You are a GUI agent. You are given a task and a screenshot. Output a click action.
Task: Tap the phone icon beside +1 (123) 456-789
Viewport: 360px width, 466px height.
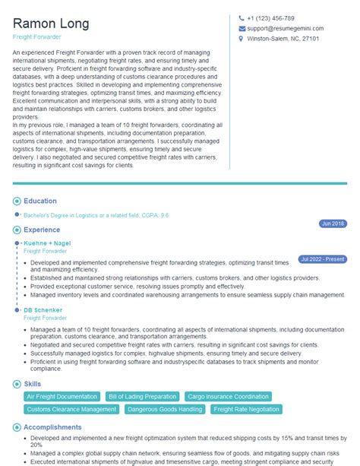[242, 18]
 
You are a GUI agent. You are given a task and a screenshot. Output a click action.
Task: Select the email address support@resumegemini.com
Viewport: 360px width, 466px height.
[285, 28]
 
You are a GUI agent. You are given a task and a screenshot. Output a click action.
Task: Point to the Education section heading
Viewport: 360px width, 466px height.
[39, 201]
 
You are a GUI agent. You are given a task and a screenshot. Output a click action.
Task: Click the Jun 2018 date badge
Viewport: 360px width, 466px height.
[333, 223]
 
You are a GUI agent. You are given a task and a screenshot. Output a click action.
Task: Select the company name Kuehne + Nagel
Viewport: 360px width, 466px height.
[47, 243]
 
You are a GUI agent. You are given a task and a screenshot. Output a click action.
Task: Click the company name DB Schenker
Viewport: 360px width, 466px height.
[43, 310]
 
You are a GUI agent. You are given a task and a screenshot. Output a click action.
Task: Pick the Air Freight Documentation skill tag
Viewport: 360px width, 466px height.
[61, 396]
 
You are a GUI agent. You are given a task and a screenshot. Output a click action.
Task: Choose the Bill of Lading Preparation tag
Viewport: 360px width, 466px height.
[143, 396]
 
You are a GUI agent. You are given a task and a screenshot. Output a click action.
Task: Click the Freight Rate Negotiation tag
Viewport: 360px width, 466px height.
[246, 409]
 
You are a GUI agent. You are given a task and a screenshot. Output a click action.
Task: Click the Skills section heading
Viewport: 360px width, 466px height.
[32, 385]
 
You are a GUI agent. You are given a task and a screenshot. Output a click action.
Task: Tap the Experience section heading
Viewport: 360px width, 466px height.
[41, 229]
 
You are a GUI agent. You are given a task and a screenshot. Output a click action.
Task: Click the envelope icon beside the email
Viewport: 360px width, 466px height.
[242, 28]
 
